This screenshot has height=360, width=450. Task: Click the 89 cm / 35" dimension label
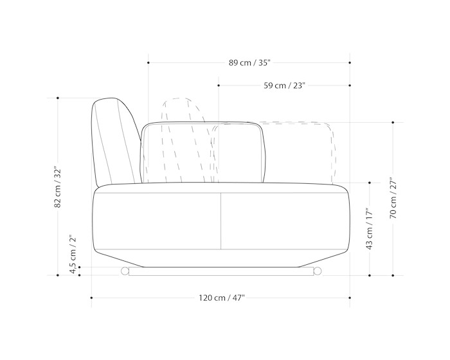click(249, 62)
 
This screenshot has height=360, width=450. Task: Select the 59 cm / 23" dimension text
click(284, 85)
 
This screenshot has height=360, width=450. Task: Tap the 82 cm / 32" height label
click(58, 187)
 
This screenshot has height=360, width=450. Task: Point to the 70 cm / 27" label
click(393, 198)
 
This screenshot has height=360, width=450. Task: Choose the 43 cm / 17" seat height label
click(370, 229)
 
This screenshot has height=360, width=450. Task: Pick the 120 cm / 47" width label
click(222, 298)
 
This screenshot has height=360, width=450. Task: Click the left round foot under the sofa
click(125, 271)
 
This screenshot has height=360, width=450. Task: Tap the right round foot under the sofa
click(318, 271)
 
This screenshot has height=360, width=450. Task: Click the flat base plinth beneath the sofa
click(221, 271)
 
